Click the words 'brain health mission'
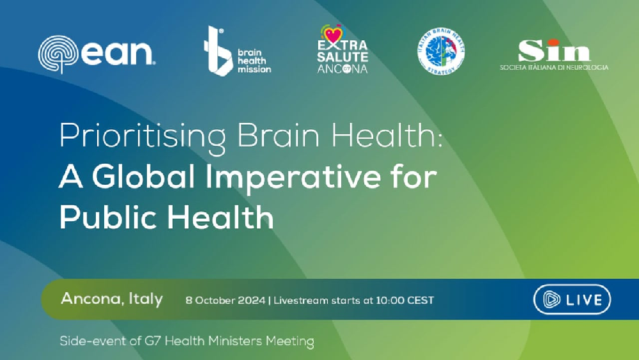254,60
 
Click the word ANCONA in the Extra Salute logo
343,68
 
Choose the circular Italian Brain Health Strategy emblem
441,51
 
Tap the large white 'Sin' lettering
554,50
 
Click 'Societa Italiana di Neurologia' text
554,67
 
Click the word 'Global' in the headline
138,177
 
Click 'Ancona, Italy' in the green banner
112,299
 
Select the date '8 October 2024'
225,300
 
